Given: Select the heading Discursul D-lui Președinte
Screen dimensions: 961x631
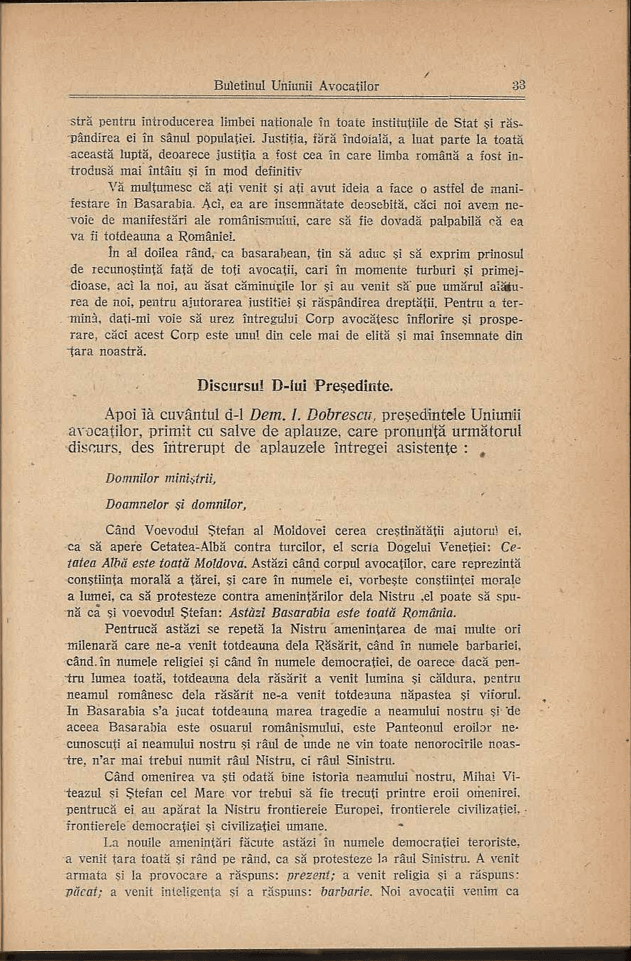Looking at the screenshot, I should click(x=294, y=386).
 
